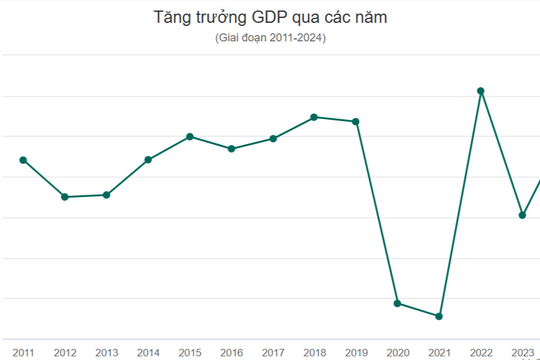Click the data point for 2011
click(x=23, y=160)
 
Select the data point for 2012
click(x=65, y=197)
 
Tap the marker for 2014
click(x=148, y=159)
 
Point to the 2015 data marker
click(x=190, y=136)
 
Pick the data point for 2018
click(x=314, y=117)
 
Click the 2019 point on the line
click(x=356, y=121)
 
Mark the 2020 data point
click(x=398, y=303)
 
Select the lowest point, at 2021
click(x=439, y=316)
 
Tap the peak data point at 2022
click(x=481, y=91)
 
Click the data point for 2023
click(x=522, y=215)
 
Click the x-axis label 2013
click(x=106, y=352)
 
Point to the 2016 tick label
click(x=231, y=352)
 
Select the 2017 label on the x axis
click(x=273, y=352)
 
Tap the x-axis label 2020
click(x=398, y=352)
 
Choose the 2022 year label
click(x=481, y=352)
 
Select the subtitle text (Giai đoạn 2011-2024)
click(x=269, y=38)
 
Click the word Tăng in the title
click(x=172, y=18)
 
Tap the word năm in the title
click(x=367, y=18)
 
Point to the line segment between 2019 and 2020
click(x=377, y=212)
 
